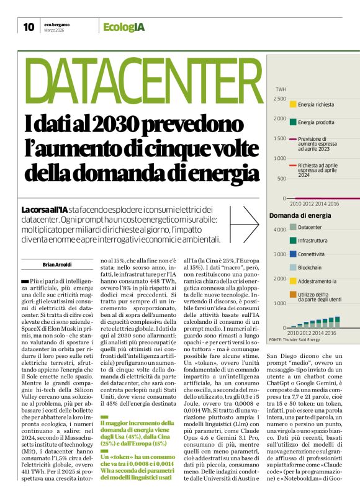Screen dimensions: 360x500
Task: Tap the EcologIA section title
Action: point(124,27)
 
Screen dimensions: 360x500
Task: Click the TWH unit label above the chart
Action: point(280,90)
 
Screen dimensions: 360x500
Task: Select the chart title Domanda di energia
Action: point(300,215)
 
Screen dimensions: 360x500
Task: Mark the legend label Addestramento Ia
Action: point(320,281)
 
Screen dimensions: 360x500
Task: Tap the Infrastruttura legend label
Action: point(317,241)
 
